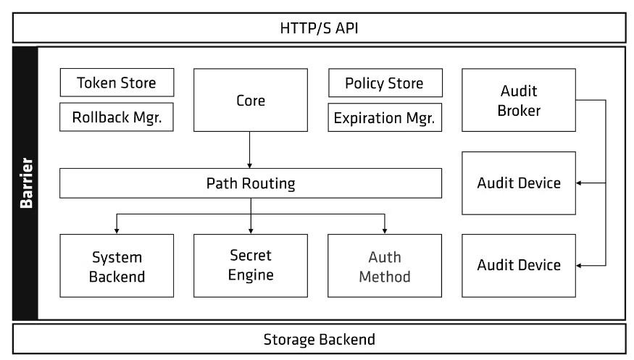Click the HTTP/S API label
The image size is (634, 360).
(x=319, y=28)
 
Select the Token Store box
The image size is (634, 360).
(x=117, y=83)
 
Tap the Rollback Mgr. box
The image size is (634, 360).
(x=117, y=117)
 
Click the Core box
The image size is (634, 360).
(x=251, y=100)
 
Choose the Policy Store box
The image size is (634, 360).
(x=385, y=83)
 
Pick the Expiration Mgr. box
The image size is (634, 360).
(x=385, y=117)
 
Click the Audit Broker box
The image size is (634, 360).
(x=519, y=100)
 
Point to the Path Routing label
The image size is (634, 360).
(x=251, y=183)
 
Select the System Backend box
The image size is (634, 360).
(x=117, y=266)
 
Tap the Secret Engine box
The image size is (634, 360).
(x=251, y=266)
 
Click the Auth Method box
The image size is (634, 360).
(x=385, y=266)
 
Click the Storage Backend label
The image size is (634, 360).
(x=320, y=340)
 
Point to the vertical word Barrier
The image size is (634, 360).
(x=26, y=183)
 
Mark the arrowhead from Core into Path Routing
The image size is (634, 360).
(x=249, y=166)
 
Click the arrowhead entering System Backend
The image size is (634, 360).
(x=117, y=231)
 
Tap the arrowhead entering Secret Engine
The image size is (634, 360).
(x=251, y=231)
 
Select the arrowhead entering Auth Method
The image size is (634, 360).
(x=385, y=231)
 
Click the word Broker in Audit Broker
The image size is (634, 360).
(x=519, y=110)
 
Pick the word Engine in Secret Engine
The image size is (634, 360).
(x=251, y=275)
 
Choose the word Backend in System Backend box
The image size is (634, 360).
(x=117, y=277)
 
